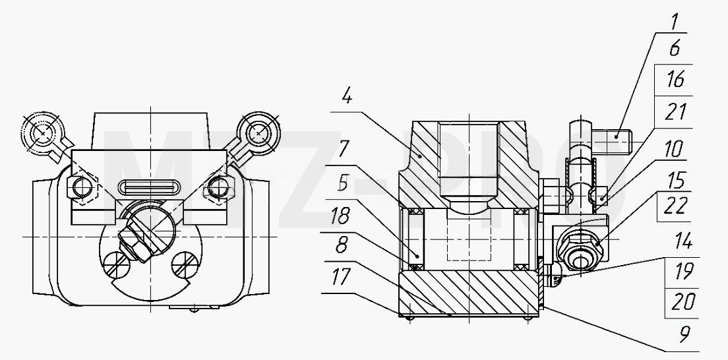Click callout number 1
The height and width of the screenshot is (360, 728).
(675, 22)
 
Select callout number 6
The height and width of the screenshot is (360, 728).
(675, 48)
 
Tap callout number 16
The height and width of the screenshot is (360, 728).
(675, 79)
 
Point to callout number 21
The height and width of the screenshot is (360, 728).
(675, 112)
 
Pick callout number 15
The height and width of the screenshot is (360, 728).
(675, 180)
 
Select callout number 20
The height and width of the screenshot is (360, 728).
(684, 302)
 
